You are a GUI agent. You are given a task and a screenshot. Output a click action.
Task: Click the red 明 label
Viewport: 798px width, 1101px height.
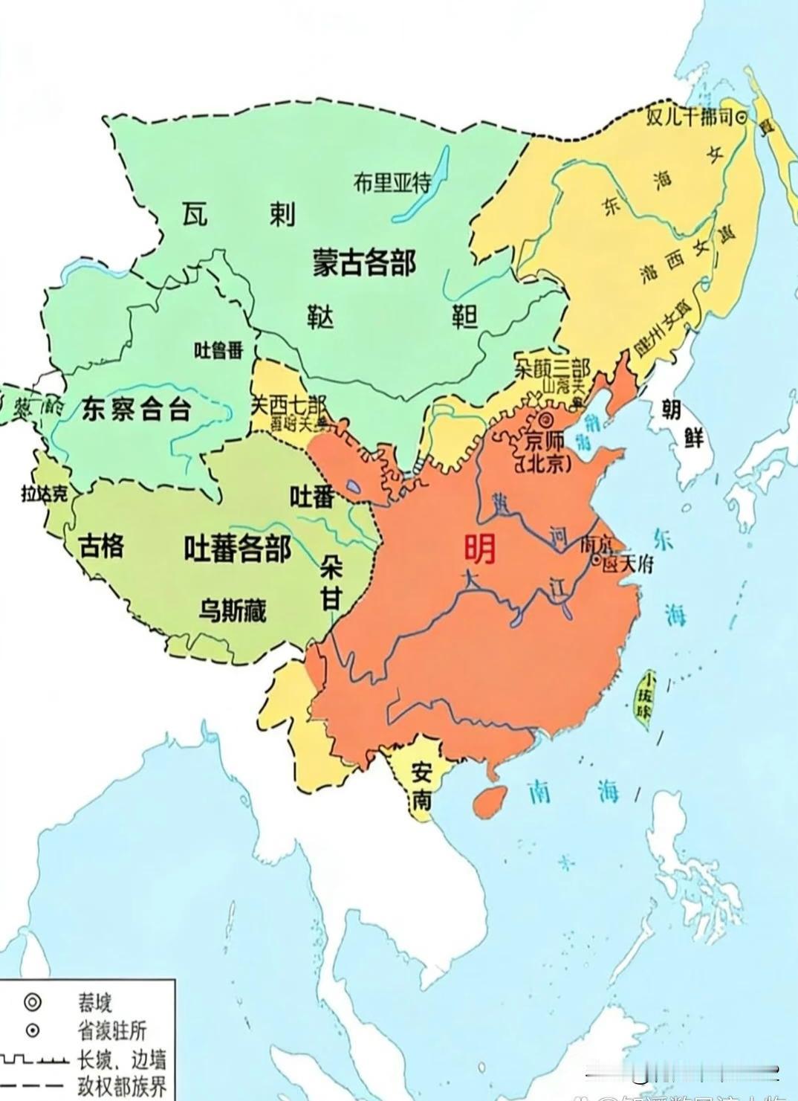(479, 549)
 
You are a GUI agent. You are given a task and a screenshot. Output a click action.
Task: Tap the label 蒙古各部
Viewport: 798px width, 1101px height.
(363, 262)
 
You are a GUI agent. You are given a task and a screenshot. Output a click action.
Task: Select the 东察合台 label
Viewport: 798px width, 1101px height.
(136, 410)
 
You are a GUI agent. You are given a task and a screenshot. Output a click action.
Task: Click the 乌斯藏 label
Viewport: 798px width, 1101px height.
(233, 610)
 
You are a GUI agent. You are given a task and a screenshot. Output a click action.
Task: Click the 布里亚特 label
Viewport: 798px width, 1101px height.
(392, 182)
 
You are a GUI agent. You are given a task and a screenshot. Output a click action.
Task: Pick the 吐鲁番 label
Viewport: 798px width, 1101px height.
(218, 349)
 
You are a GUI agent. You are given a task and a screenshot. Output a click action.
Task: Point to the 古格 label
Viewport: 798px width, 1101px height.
(102, 547)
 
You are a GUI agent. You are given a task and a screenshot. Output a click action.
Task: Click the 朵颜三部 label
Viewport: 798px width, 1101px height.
(552, 369)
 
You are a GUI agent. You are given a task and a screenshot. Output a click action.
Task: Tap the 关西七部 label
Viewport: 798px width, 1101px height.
(288, 405)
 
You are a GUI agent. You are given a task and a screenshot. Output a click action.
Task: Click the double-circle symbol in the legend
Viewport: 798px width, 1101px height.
(31, 1001)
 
